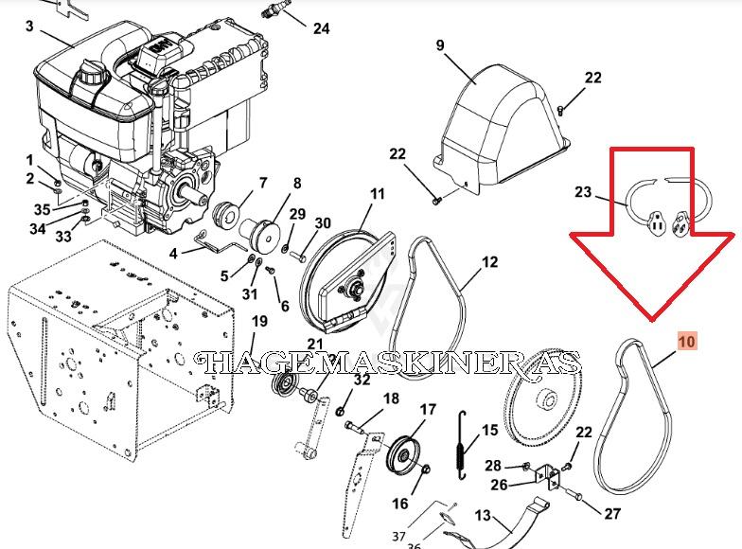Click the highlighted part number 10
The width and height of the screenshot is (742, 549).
687,341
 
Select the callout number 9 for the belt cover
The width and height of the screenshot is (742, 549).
440,45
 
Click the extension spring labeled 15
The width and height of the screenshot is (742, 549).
462,445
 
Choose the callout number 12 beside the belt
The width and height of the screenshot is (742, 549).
490,261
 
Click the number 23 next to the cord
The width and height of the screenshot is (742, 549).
583,191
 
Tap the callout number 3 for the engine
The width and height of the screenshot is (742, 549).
29,27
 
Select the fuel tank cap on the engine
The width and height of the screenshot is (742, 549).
91,72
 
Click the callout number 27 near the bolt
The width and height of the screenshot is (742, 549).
611,513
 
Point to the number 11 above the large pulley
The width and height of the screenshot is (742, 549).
377,193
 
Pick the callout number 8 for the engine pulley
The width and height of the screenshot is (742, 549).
297,184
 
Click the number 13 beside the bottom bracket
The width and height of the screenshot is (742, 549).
483,515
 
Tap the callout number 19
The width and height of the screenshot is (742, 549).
259,322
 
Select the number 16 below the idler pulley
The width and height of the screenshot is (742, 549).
400,504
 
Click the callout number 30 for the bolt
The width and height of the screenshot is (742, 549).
323,222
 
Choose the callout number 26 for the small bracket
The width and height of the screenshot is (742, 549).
499,485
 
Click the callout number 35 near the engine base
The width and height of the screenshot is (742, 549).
42,209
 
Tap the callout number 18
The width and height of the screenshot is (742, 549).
391,398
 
